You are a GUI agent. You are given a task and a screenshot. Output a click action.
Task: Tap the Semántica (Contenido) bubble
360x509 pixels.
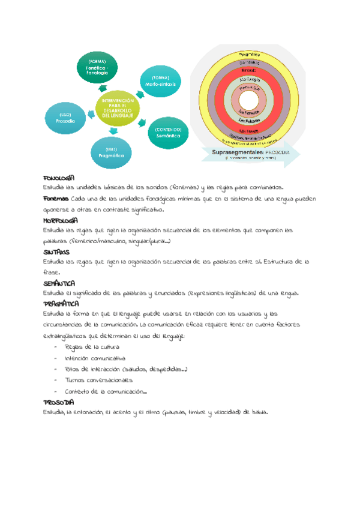pyautogui.click(x=167, y=133)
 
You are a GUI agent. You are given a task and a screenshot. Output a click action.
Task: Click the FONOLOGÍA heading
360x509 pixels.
pyautogui.click(x=58, y=178)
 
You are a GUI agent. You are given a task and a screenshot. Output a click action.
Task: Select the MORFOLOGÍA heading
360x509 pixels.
pyautogui.click(x=61, y=220)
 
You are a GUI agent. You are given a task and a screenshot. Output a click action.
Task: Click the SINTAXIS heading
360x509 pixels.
pyautogui.click(x=56, y=252)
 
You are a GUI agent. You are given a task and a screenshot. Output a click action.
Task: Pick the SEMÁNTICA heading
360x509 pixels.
pyautogui.click(x=59, y=283)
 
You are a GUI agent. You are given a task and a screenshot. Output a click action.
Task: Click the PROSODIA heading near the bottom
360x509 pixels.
pyautogui.click(x=59, y=402)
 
